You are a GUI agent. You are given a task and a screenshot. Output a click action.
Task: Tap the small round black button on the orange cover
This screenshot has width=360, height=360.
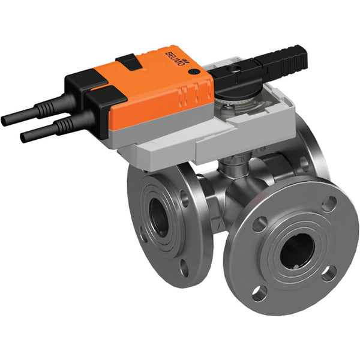click(x=193, y=71)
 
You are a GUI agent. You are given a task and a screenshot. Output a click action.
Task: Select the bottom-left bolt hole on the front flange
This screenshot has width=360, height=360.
click(x=259, y=293)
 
